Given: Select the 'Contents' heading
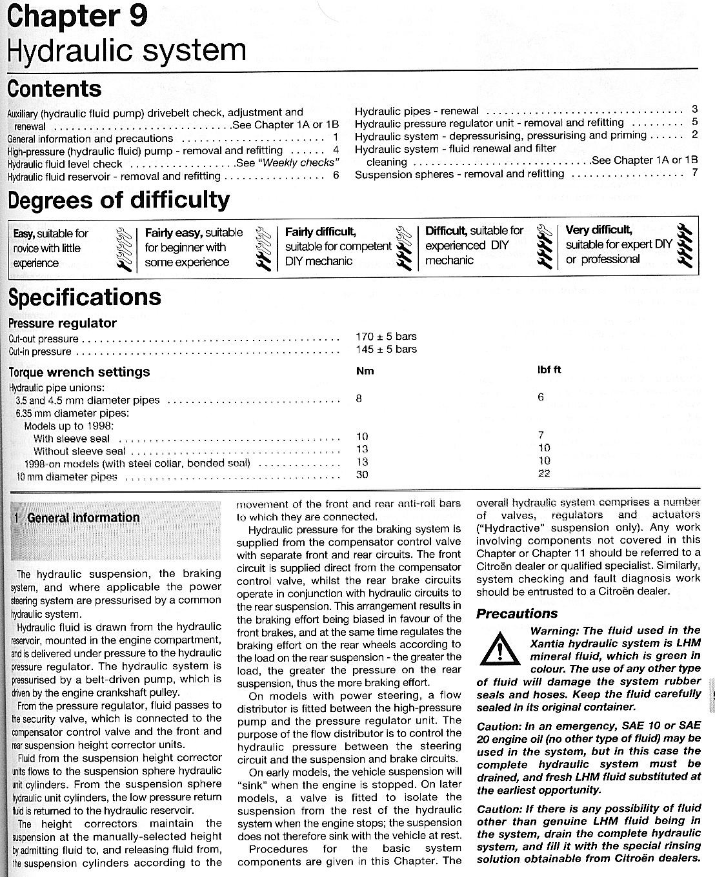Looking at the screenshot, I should pos(55,88).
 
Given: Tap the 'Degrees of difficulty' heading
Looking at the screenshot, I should pos(119,201).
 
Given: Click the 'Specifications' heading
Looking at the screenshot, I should pos(85,297).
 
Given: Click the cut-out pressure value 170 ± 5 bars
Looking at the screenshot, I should pos(386,336).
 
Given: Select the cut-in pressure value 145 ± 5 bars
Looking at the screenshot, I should pos(386,349).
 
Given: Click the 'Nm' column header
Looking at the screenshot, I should pos(365,371).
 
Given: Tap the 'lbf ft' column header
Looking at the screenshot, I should pos(549,370).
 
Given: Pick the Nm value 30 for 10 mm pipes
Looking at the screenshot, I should pos(362,475).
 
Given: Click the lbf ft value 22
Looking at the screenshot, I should pos(544,473).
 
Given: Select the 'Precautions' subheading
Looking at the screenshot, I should pos(517,613).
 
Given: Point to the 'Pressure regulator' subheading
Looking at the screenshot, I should pos(63,323).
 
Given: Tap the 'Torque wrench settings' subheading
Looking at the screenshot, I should pos(79,371).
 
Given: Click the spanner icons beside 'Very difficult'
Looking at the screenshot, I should pos(687,246).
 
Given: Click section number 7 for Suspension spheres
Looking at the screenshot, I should pos(694,172).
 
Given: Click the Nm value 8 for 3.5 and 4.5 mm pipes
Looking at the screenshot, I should pos(359,399).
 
